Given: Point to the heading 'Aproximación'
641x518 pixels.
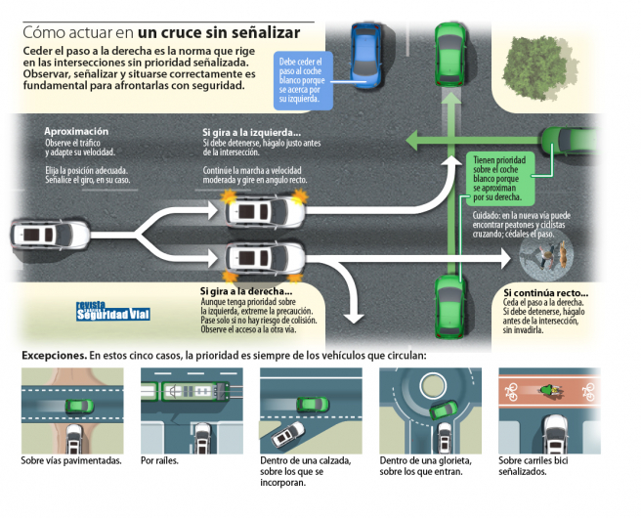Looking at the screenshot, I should tap(76, 131).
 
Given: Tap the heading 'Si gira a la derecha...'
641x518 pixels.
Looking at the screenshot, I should tap(246, 291).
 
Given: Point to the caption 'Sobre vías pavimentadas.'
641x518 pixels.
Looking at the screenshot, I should tap(71, 459).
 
